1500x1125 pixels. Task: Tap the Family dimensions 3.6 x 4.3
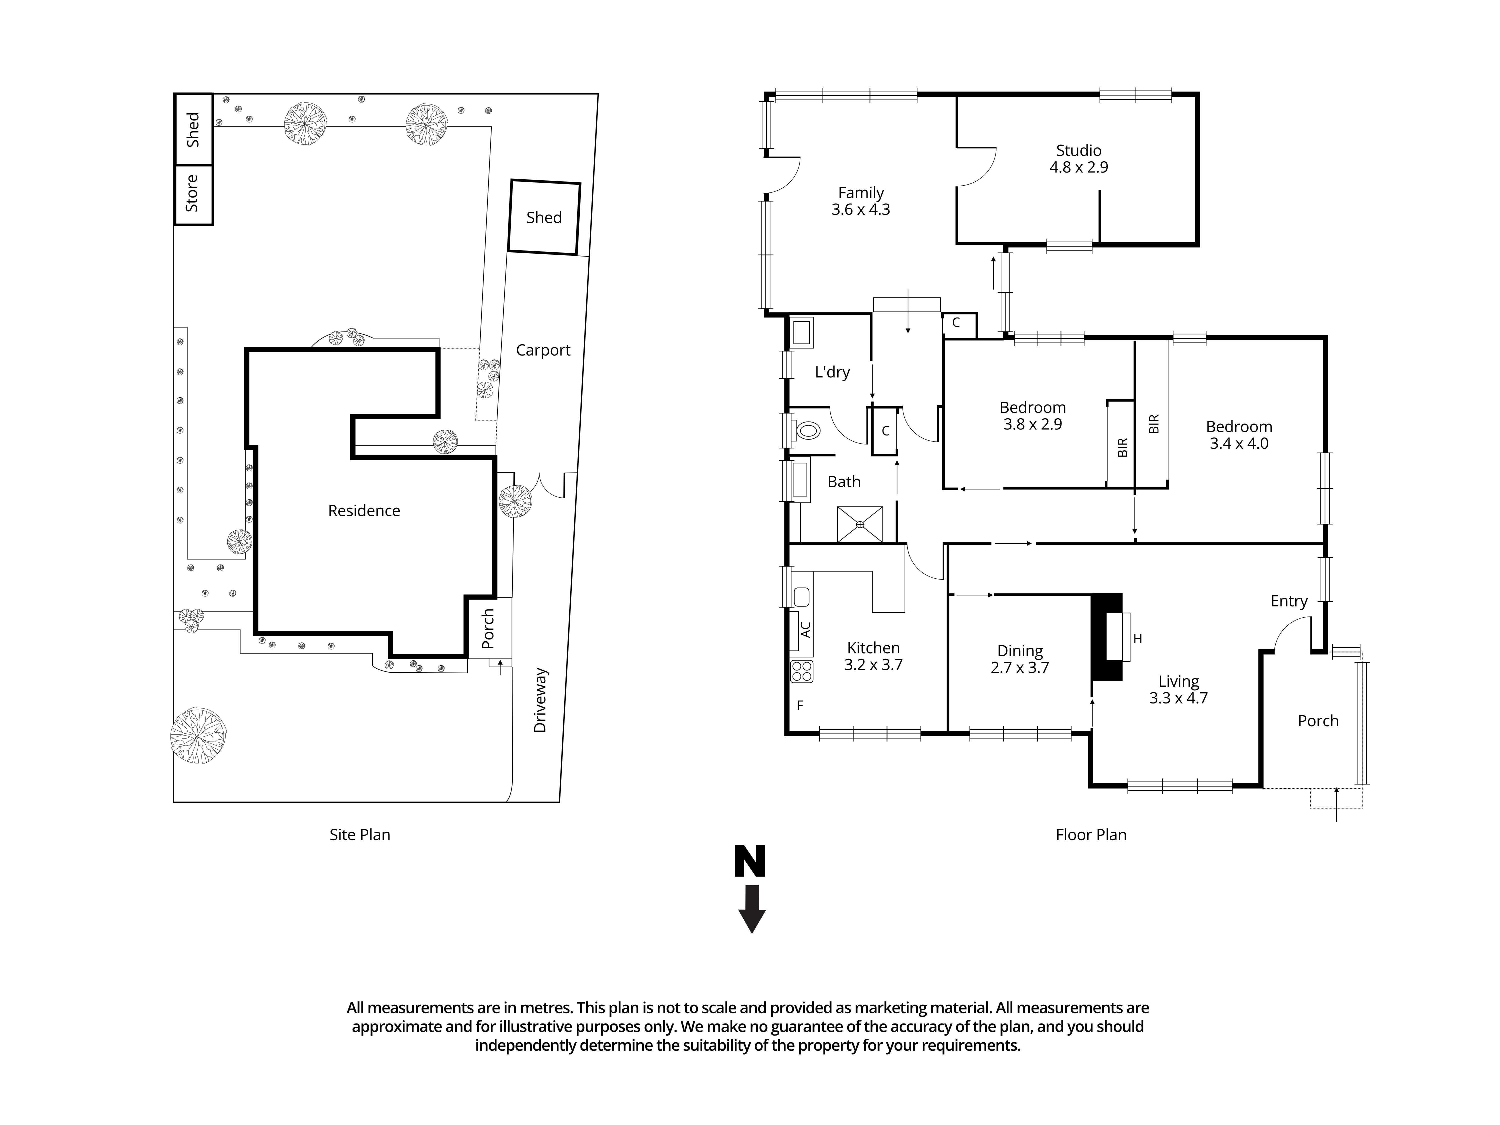tap(860, 209)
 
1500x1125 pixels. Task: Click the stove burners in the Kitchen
tap(801, 671)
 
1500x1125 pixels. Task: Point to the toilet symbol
tap(807, 430)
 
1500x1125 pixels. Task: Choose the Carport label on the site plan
tap(542, 350)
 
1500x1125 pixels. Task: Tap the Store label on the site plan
tap(192, 193)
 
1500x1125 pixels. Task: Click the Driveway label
tap(540, 700)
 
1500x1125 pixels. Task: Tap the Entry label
tap(1288, 601)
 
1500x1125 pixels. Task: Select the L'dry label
tap(832, 371)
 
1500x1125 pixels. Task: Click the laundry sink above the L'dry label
tap(801, 333)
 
